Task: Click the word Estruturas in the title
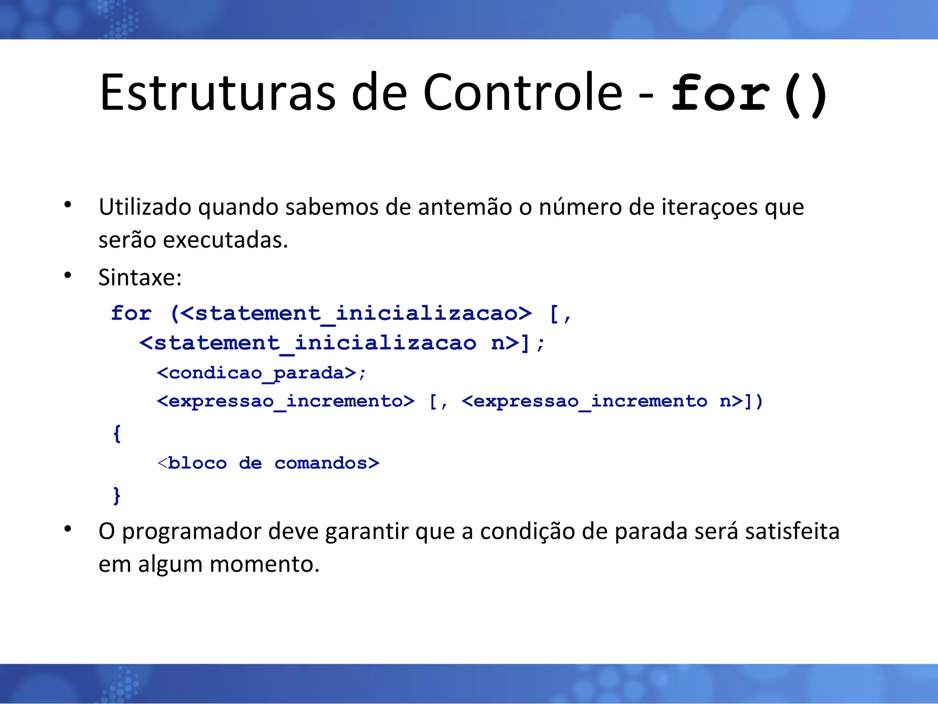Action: [218, 93]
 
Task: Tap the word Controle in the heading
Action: [522, 93]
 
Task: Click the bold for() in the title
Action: [749, 94]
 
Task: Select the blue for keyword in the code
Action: [131, 313]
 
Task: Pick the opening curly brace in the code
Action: [117, 433]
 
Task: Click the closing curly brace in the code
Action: [117, 495]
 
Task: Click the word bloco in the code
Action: [197, 463]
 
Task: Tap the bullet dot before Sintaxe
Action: [68, 275]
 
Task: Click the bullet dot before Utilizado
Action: [68, 205]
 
